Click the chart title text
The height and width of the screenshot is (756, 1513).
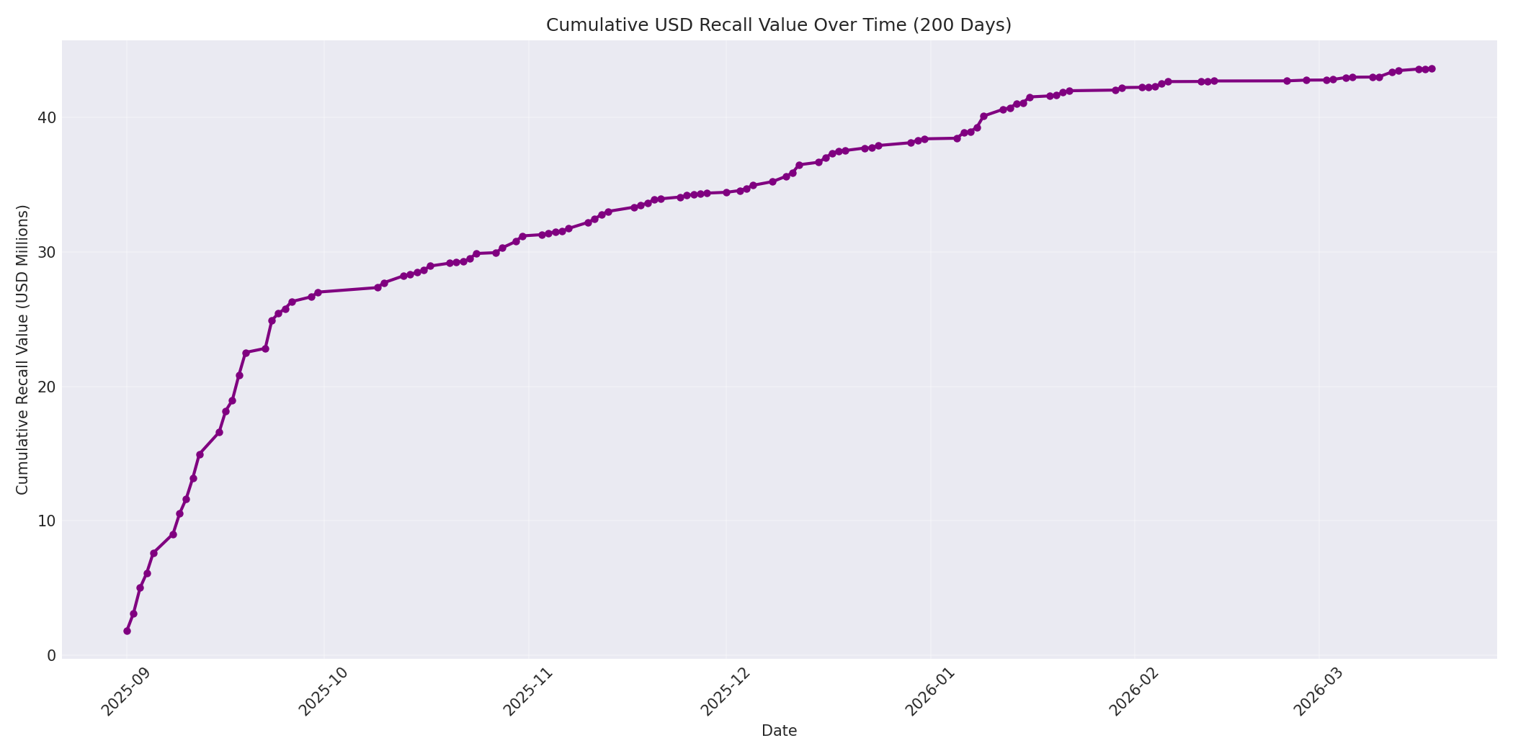coord(778,25)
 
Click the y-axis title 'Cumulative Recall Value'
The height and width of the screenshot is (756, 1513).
coord(22,349)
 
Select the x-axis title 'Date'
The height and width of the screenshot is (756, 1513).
coord(779,731)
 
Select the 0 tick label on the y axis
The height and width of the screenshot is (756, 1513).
coord(51,655)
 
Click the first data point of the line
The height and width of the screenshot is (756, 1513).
coord(127,631)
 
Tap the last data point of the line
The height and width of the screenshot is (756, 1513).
coord(1432,68)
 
